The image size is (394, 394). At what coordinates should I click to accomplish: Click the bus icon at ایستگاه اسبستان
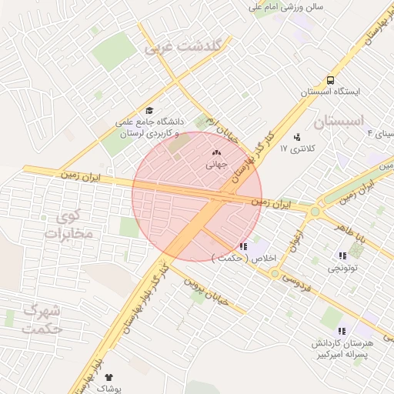[330, 80]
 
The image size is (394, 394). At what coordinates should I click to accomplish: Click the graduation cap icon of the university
[149, 110]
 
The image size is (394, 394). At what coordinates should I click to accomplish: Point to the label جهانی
[216, 165]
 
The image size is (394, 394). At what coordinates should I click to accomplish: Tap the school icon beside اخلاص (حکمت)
[243, 246]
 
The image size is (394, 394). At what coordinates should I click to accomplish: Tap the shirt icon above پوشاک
[108, 377]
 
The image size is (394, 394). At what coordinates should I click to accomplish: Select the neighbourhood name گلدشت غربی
[188, 46]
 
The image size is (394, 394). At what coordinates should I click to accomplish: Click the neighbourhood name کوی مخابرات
[68, 223]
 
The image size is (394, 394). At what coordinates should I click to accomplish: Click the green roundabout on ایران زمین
[315, 211]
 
